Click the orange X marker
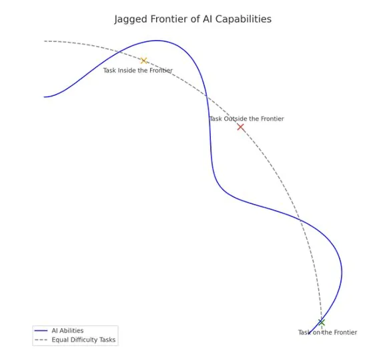pos(143,61)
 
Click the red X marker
pos(240,127)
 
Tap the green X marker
pos(322,323)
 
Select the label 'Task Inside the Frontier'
pos(138,71)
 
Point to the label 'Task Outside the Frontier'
pos(247,119)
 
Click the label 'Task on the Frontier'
pos(328,333)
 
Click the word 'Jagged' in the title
pos(131,19)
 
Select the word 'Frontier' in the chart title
pos(169,19)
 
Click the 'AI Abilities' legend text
pos(67,331)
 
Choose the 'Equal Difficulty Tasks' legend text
pos(83,339)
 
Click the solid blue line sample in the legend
pos(41,331)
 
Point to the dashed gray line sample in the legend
pos(41,339)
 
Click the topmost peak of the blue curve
pos(157,41)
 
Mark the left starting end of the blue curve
pos(44,97)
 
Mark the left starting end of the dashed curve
pos(45,41)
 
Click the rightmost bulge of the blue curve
pos(342,272)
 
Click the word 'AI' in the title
pos(207,19)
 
